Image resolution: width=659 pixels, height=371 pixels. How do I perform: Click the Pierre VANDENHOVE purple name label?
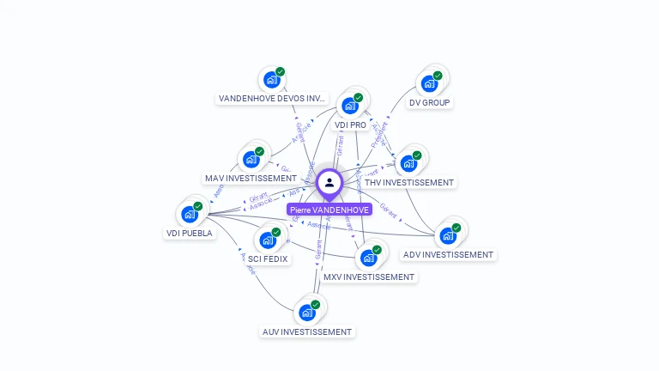click(x=329, y=210)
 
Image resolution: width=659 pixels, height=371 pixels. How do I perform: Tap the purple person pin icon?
click(x=329, y=182)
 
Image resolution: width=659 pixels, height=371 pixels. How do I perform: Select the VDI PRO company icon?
click(x=349, y=106)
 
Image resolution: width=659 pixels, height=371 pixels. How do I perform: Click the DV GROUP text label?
click(x=430, y=102)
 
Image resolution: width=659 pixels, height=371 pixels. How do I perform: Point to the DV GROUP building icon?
click(x=428, y=84)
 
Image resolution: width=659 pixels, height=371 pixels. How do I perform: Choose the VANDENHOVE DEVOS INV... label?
click(x=272, y=99)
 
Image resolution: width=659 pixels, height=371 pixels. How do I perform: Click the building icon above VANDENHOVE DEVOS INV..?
click(x=272, y=80)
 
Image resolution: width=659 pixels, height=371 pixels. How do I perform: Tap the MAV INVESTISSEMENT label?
click(x=251, y=178)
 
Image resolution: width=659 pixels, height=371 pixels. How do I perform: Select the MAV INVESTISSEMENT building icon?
click(x=251, y=159)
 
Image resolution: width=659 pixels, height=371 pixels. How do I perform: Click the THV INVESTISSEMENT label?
click(x=409, y=182)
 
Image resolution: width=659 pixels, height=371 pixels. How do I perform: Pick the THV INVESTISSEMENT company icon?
click(x=408, y=162)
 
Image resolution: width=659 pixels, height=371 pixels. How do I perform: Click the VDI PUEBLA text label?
click(x=189, y=233)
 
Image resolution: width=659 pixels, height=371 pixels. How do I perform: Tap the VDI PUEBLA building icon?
click(x=190, y=214)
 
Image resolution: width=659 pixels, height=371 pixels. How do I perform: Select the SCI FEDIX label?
click(x=269, y=258)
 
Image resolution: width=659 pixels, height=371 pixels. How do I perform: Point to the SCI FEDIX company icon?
click(x=268, y=240)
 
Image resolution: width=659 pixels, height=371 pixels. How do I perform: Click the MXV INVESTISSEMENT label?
click(x=369, y=277)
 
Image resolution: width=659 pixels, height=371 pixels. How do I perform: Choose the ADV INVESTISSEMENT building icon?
click(x=448, y=235)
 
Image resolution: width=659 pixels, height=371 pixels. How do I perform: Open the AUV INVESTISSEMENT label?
click(x=306, y=331)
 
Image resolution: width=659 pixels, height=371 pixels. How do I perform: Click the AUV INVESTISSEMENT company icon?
click(x=306, y=312)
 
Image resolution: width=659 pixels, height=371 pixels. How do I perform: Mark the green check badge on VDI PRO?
click(x=358, y=98)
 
